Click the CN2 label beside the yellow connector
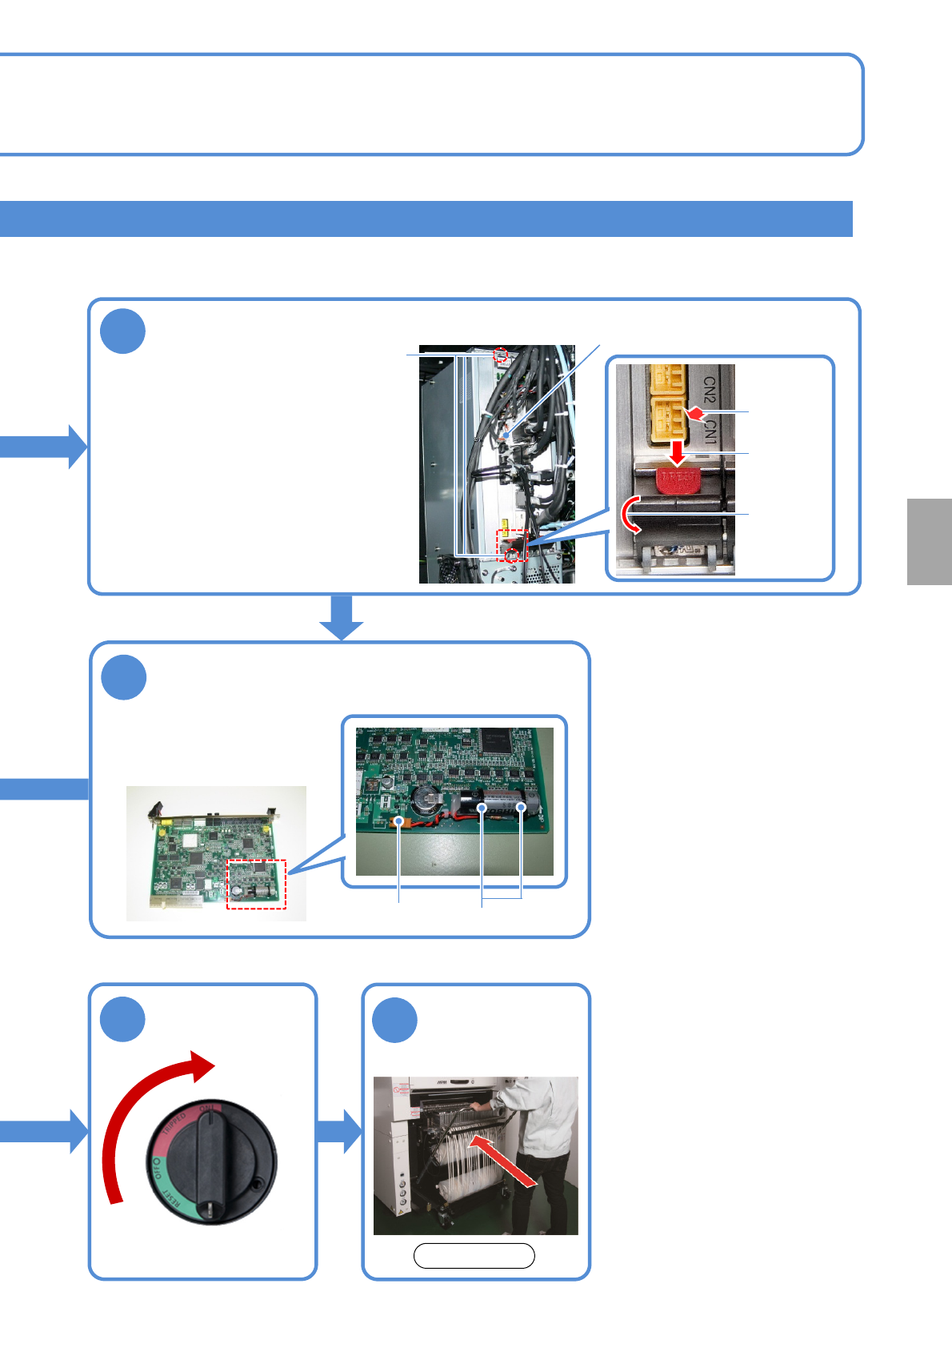(709, 390)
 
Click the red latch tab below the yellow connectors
(678, 479)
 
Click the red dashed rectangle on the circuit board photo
(256, 884)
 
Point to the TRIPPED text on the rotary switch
(174, 1126)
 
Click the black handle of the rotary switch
(212, 1160)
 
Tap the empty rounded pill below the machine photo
(474, 1256)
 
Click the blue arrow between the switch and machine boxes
(338, 1130)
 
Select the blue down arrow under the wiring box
(342, 617)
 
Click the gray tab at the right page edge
(930, 542)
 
